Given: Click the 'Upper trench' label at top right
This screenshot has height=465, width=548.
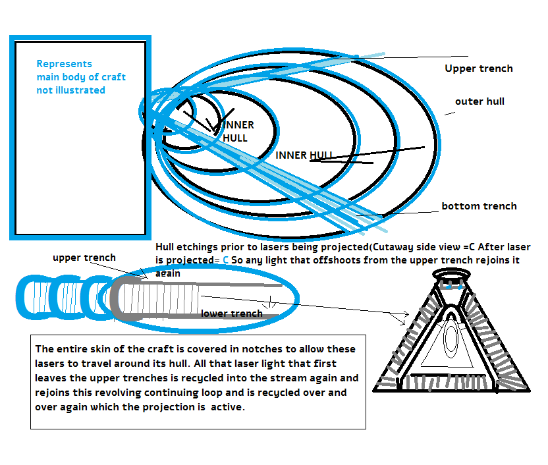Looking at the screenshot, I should (478, 68).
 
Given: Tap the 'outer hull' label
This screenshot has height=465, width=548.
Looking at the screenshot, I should (479, 101).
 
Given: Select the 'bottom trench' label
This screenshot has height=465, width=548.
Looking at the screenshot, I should (479, 206).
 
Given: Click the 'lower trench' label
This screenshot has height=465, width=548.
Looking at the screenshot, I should (232, 314).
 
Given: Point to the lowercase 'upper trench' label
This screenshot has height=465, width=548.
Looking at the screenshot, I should (84, 258).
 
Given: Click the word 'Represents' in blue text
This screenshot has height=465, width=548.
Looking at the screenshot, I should (64, 64).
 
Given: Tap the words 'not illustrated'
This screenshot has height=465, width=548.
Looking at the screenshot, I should (70, 90).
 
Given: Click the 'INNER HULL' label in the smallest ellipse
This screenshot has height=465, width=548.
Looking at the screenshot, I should (237, 132).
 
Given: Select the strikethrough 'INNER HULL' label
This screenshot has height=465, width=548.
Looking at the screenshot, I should (304, 155).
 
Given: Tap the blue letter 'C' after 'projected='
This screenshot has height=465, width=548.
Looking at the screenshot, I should (226, 260).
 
